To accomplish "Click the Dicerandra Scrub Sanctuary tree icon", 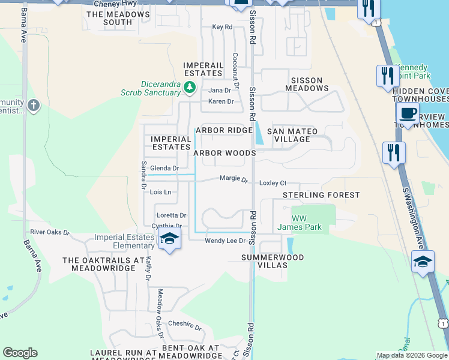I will coord(190,88).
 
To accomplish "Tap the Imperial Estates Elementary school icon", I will coord(169,240).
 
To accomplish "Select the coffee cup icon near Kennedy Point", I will coord(408,113).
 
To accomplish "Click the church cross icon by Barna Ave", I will coord(34,106).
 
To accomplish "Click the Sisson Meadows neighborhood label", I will coord(306,84).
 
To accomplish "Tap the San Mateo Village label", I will coord(292,135).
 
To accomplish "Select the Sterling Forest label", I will coord(321,195).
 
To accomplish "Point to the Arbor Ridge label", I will coord(224,130).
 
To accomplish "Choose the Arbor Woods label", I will coord(224,153).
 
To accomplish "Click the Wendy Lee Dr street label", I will coord(225,241).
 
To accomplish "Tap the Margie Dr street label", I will coord(234,178).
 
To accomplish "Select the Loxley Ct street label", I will coord(273,183).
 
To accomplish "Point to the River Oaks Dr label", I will coord(50,232).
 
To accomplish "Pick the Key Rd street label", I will coord(222,27).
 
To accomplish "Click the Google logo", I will coord(20,353).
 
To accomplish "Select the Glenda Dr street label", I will coord(164,169).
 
